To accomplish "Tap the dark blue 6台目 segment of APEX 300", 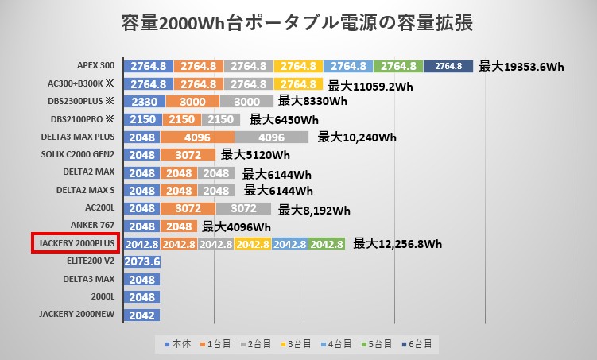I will point(448,67).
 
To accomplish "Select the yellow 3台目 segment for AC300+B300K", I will point(298,84).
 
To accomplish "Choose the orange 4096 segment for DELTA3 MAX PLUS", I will point(196,137).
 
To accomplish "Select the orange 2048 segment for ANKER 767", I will point(179,226).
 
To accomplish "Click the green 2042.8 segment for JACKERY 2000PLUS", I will point(327,244).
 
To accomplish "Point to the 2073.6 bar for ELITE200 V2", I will point(143,261).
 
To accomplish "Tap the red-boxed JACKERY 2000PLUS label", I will point(76,244).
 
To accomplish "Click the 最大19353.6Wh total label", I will point(521,67).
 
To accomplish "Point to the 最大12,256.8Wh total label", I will point(397,244).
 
